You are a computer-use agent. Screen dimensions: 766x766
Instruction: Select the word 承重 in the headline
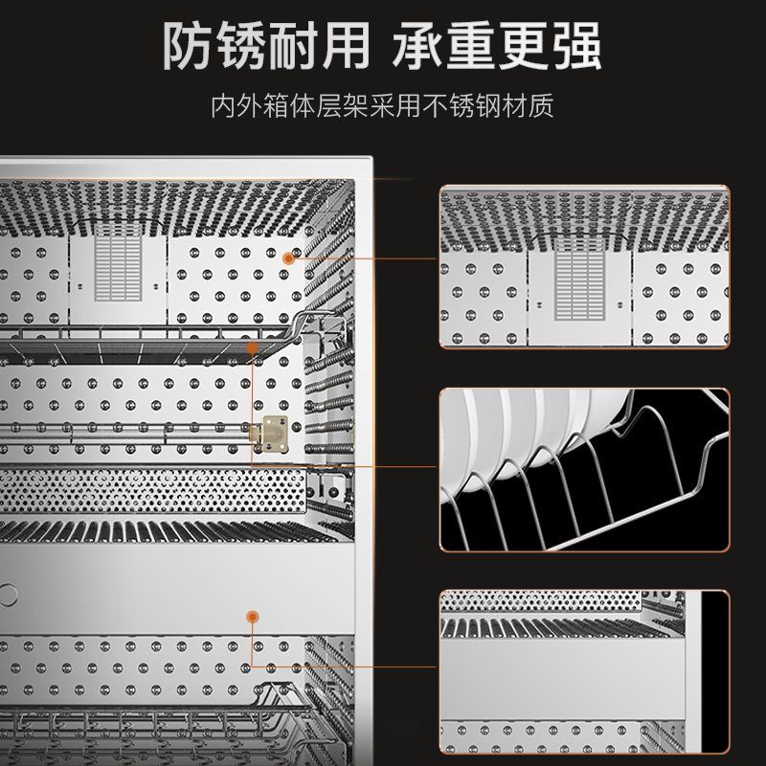(449, 46)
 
